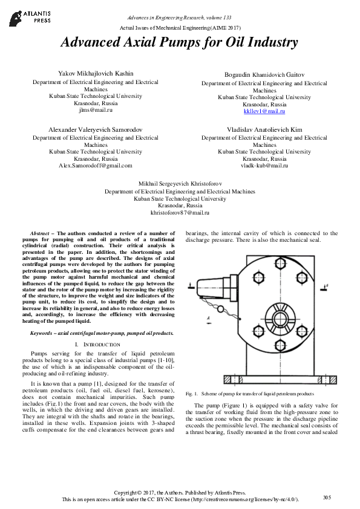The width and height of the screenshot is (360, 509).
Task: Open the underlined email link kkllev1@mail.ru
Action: pyautogui.click(x=264, y=111)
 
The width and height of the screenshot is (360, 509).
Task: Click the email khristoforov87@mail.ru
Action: pyautogui.click(x=180, y=213)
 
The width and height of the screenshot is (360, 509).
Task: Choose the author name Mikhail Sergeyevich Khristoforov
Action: pyautogui.click(x=180, y=183)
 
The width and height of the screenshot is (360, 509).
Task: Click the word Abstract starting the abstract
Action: pyautogui.click(x=40, y=233)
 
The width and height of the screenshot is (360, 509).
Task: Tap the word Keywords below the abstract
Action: pyautogui.click(x=43, y=333)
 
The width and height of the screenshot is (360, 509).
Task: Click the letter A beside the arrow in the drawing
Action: pyautogui.click(x=208, y=318)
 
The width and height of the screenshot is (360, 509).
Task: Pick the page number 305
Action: pyautogui.click(x=327, y=498)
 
